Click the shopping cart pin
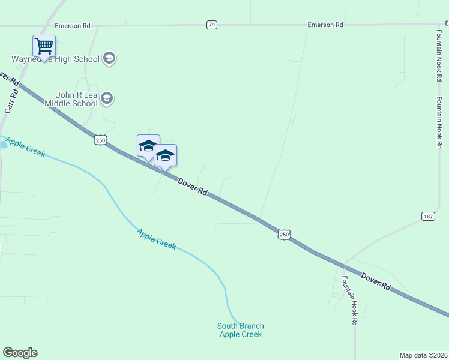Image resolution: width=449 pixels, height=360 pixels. point(44,46)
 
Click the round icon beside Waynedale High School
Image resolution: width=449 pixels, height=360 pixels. point(109,58)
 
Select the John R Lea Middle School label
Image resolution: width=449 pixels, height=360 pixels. point(76,99)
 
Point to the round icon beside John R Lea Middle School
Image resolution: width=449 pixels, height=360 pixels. point(107,98)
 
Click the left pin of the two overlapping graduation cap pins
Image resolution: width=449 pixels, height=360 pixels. point(148,146)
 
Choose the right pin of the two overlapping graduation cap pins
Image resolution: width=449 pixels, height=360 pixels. point(165,155)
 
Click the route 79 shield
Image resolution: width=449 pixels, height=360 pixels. point(211,25)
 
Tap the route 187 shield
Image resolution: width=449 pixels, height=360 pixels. point(428,216)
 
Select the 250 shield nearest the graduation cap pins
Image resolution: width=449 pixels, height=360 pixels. point(100,140)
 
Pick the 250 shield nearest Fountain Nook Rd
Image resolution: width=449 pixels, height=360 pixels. point(284,235)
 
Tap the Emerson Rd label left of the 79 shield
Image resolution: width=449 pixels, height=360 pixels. point(72,26)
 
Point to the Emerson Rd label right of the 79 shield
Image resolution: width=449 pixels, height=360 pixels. point(325,25)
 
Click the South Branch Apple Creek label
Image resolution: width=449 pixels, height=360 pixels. point(240,330)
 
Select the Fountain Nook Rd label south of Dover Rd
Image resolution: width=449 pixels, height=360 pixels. point(349,300)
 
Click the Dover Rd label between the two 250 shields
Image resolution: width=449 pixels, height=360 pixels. point(193,186)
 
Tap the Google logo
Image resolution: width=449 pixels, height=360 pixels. point(20,353)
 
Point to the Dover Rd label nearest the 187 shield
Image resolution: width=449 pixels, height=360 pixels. point(375,281)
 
